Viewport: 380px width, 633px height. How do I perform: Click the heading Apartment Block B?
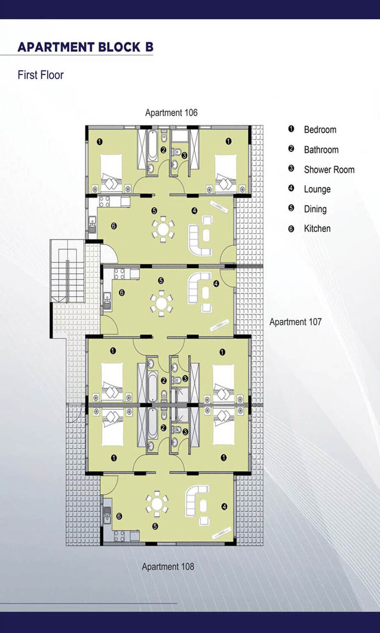[85, 47]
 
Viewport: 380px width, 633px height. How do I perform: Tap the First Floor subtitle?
[41, 75]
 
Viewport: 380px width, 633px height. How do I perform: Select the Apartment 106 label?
[171, 113]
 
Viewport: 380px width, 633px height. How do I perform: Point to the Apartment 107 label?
[296, 322]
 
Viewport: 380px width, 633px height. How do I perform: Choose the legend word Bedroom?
[320, 130]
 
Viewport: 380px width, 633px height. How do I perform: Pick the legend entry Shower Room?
[329, 170]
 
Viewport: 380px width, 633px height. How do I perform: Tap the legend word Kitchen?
[317, 228]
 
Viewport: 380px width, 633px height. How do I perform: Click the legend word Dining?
[315, 209]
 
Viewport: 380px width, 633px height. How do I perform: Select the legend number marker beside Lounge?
[291, 188]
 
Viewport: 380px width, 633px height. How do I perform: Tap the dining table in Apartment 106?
[163, 229]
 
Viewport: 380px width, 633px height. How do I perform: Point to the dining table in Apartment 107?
[162, 303]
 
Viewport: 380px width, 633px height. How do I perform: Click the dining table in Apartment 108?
[157, 503]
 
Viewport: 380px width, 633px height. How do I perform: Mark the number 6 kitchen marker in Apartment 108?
[119, 516]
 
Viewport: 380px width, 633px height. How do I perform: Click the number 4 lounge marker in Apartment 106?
[194, 211]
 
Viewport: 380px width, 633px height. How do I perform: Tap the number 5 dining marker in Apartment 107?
[160, 281]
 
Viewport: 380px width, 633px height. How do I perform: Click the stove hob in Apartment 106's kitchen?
[104, 202]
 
